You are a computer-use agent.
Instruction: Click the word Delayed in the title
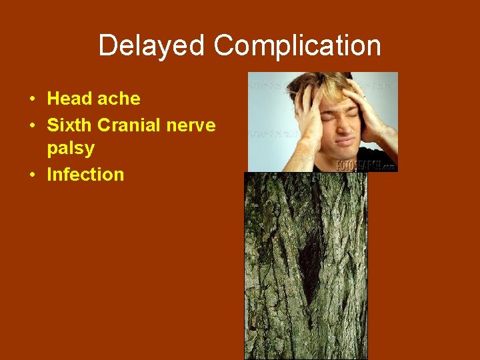click(153, 46)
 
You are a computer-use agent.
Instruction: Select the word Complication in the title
click(297, 46)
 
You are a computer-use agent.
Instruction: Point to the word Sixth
click(69, 125)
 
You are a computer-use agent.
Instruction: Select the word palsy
click(71, 149)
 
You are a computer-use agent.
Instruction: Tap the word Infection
click(85, 175)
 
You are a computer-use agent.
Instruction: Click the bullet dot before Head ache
click(32, 99)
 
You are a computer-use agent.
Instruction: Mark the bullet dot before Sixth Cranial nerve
click(32, 125)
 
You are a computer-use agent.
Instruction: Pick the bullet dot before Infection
click(32, 175)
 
